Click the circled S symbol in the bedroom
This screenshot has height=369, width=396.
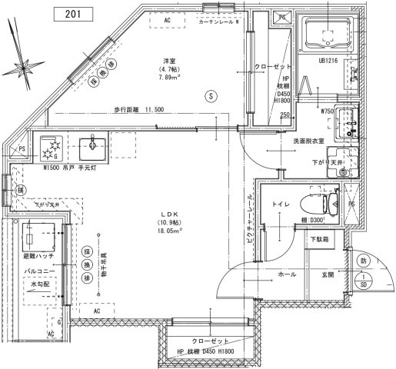click(209, 96)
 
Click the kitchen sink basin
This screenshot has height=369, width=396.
click(97, 145)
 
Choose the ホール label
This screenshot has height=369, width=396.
click(287, 274)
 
